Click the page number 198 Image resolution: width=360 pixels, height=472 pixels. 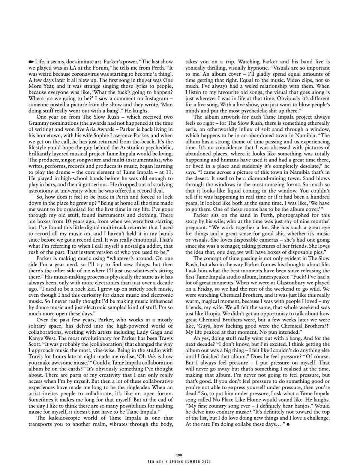pyautogui.click(x=180, y=455)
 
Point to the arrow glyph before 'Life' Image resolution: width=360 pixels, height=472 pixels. pyautogui.click(x=31, y=61)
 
